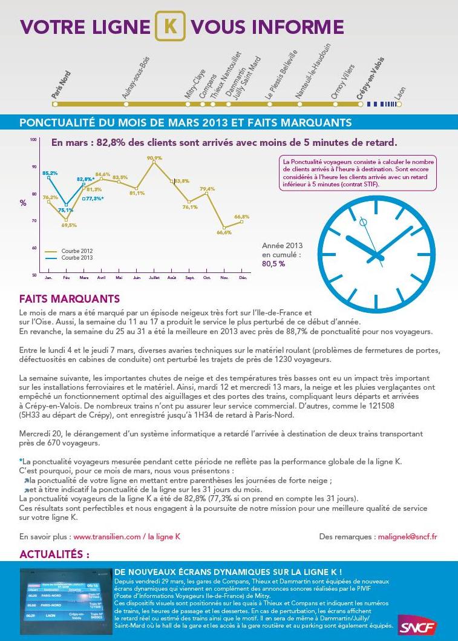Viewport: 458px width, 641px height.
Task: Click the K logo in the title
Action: [171, 27]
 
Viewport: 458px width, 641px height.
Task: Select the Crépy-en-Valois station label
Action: [370, 79]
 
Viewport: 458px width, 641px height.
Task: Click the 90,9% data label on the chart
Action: [154, 158]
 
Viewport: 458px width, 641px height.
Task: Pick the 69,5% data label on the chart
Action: [69, 225]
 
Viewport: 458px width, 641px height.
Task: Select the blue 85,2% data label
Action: [50, 173]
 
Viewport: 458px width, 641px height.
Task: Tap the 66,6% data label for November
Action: [224, 232]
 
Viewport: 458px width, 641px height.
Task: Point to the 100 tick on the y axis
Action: [33, 140]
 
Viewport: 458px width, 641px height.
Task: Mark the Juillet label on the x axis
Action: [154, 278]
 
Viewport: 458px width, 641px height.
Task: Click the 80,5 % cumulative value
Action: [273, 264]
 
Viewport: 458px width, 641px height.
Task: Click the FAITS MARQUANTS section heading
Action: [70, 299]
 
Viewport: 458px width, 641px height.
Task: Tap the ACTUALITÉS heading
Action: [54, 554]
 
